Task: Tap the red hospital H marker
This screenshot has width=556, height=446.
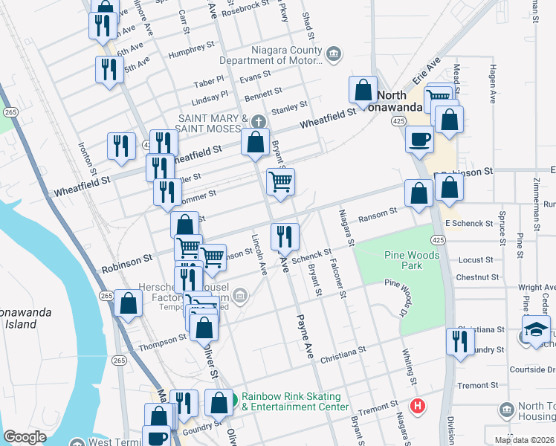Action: (x=418, y=406)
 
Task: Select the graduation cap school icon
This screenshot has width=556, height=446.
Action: (x=536, y=329)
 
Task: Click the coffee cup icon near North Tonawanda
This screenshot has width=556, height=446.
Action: (x=420, y=139)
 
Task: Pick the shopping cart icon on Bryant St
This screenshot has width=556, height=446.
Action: (x=280, y=181)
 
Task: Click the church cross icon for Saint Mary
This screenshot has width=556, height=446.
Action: (x=258, y=120)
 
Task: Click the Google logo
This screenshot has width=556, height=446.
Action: (x=25, y=437)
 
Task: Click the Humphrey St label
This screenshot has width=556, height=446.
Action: (x=191, y=50)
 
